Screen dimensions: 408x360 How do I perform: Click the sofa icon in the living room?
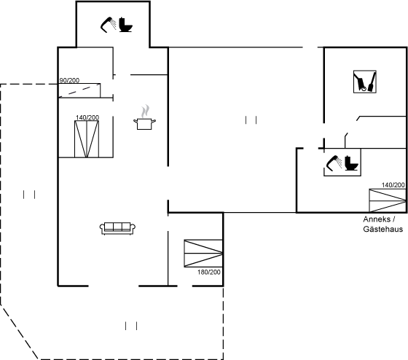pyautogui.click(x=117, y=228)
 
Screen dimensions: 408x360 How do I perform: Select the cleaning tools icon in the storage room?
pyautogui.click(x=365, y=82)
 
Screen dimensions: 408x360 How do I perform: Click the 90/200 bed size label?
pyautogui.click(x=69, y=80)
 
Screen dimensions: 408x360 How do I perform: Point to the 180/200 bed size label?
pyautogui.click(x=209, y=272)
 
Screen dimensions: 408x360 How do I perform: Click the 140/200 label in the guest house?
pyautogui.click(x=393, y=185)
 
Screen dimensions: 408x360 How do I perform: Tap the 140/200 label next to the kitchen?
pyautogui.click(x=87, y=117)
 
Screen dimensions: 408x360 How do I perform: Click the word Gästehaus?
pyautogui.click(x=382, y=229)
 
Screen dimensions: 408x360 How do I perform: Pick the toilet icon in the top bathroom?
pyautogui.click(x=126, y=25)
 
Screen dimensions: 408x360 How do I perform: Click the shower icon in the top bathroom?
pyautogui.click(x=109, y=25)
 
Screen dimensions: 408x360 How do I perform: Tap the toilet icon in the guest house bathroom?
pyautogui.click(x=351, y=163)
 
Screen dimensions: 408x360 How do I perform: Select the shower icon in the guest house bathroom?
pyautogui.click(x=334, y=163)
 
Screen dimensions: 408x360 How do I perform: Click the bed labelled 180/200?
pyautogui.click(x=203, y=254)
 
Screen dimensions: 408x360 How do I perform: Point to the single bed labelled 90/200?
pyautogui.click(x=79, y=90)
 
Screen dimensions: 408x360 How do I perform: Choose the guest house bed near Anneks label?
pyautogui.click(x=388, y=200)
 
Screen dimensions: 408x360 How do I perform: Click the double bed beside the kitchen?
pyautogui.click(x=87, y=139)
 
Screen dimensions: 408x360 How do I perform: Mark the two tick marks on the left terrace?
pyautogui.click(x=29, y=195)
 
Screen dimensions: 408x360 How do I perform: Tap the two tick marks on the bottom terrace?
pyautogui.click(x=131, y=326)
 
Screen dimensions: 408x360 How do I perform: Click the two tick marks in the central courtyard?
pyautogui.click(x=251, y=120)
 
